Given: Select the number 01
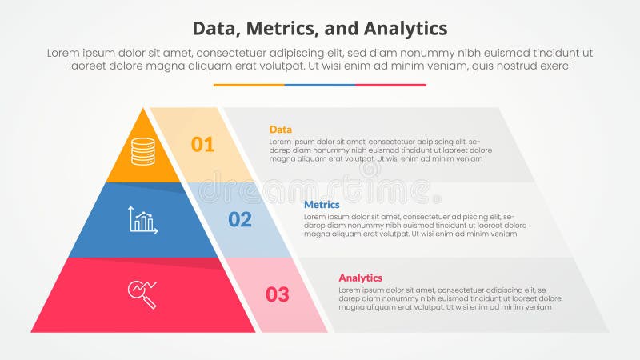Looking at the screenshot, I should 202,145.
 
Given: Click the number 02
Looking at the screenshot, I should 240,219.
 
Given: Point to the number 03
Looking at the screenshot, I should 277,294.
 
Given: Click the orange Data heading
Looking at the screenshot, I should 281,130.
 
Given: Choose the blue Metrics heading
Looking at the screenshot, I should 322,205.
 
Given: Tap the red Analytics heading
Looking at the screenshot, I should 360,278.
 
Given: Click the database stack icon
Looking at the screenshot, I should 143,151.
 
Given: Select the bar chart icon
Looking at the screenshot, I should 143,220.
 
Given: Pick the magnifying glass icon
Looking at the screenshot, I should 142,293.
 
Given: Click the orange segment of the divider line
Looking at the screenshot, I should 249,85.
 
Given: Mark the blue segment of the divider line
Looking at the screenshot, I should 320,85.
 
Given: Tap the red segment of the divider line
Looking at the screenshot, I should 390,85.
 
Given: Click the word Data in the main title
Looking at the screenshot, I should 217,29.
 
